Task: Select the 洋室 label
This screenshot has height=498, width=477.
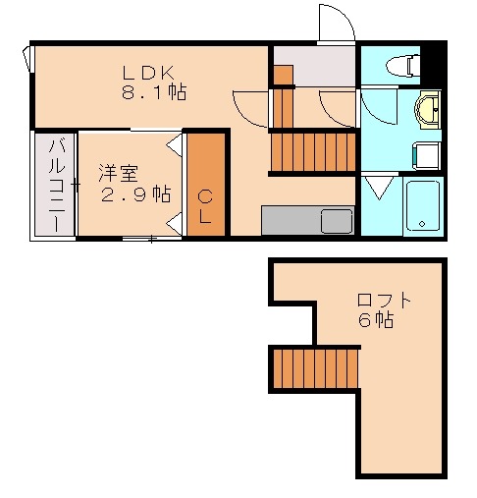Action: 117,173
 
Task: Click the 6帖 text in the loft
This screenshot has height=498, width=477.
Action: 376,321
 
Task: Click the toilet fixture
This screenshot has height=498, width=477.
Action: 402,66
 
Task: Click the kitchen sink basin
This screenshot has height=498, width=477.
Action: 336,221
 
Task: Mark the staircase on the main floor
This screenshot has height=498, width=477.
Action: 312,151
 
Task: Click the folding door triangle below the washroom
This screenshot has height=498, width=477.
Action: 378,186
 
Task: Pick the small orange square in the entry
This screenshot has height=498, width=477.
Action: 283,74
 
